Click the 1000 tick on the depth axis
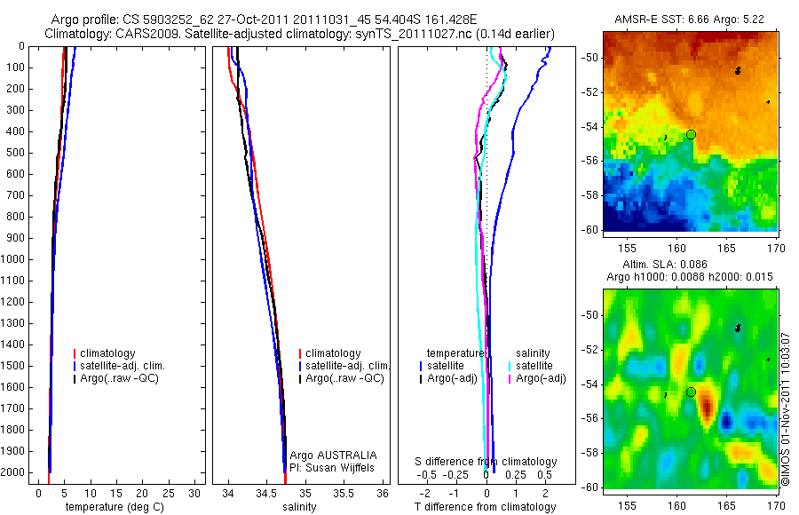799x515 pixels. click(x=14, y=259)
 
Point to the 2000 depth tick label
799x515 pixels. click(x=14, y=472)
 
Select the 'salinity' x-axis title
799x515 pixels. click(x=299, y=507)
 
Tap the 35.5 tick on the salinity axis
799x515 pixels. click(x=343, y=492)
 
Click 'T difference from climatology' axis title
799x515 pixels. click(x=485, y=507)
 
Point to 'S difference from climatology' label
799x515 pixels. click(x=487, y=462)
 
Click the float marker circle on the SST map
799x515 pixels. click(x=691, y=134)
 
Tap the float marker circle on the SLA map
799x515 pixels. click(x=691, y=392)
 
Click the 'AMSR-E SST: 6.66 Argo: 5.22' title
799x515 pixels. click(x=689, y=20)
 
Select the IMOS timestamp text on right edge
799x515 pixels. click(x=786, y=408)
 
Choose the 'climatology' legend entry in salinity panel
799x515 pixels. click(x=333, y=353)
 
